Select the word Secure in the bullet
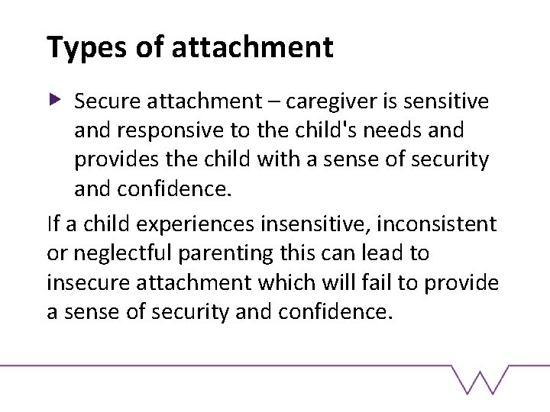click(x=103, y=101)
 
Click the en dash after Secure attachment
click(x=250, y=102)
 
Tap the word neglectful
click(x=126, y=253)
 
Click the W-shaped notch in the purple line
click(x=480, y=379)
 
